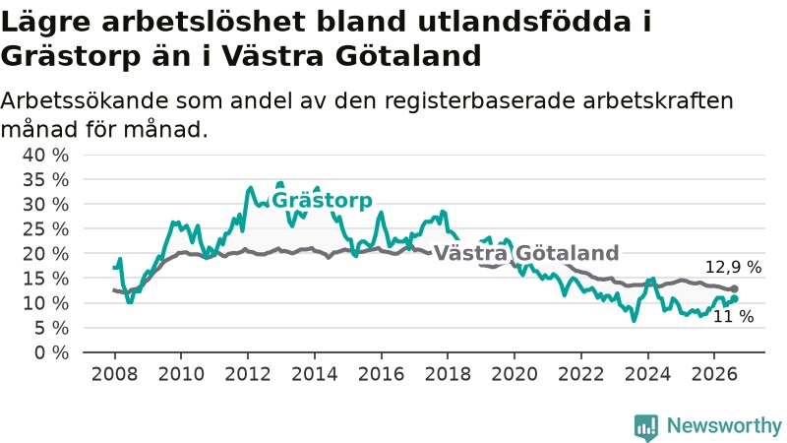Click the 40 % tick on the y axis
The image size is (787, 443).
(45, 156)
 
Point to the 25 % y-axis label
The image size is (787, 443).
(45, 229)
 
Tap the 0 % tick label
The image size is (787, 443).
(51, 353)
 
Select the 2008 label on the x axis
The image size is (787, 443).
(114, 374)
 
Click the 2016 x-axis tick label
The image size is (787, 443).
(381, 374)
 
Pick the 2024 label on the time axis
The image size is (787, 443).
(647, 374)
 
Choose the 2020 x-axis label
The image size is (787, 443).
(514, 374)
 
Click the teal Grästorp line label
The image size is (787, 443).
(322, 201)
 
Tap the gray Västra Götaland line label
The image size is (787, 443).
(526, 253)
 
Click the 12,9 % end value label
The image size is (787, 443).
(733, 267)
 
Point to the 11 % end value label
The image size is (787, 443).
(733, 316)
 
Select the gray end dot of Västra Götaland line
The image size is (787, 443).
(734, 288)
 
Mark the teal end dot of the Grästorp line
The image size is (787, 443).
(734, 299)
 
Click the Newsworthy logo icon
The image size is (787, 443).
(646, 427)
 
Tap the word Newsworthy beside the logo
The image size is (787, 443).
(724, 426)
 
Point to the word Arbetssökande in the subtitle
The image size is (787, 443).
(85, 101)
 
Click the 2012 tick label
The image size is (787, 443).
(248, 374)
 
